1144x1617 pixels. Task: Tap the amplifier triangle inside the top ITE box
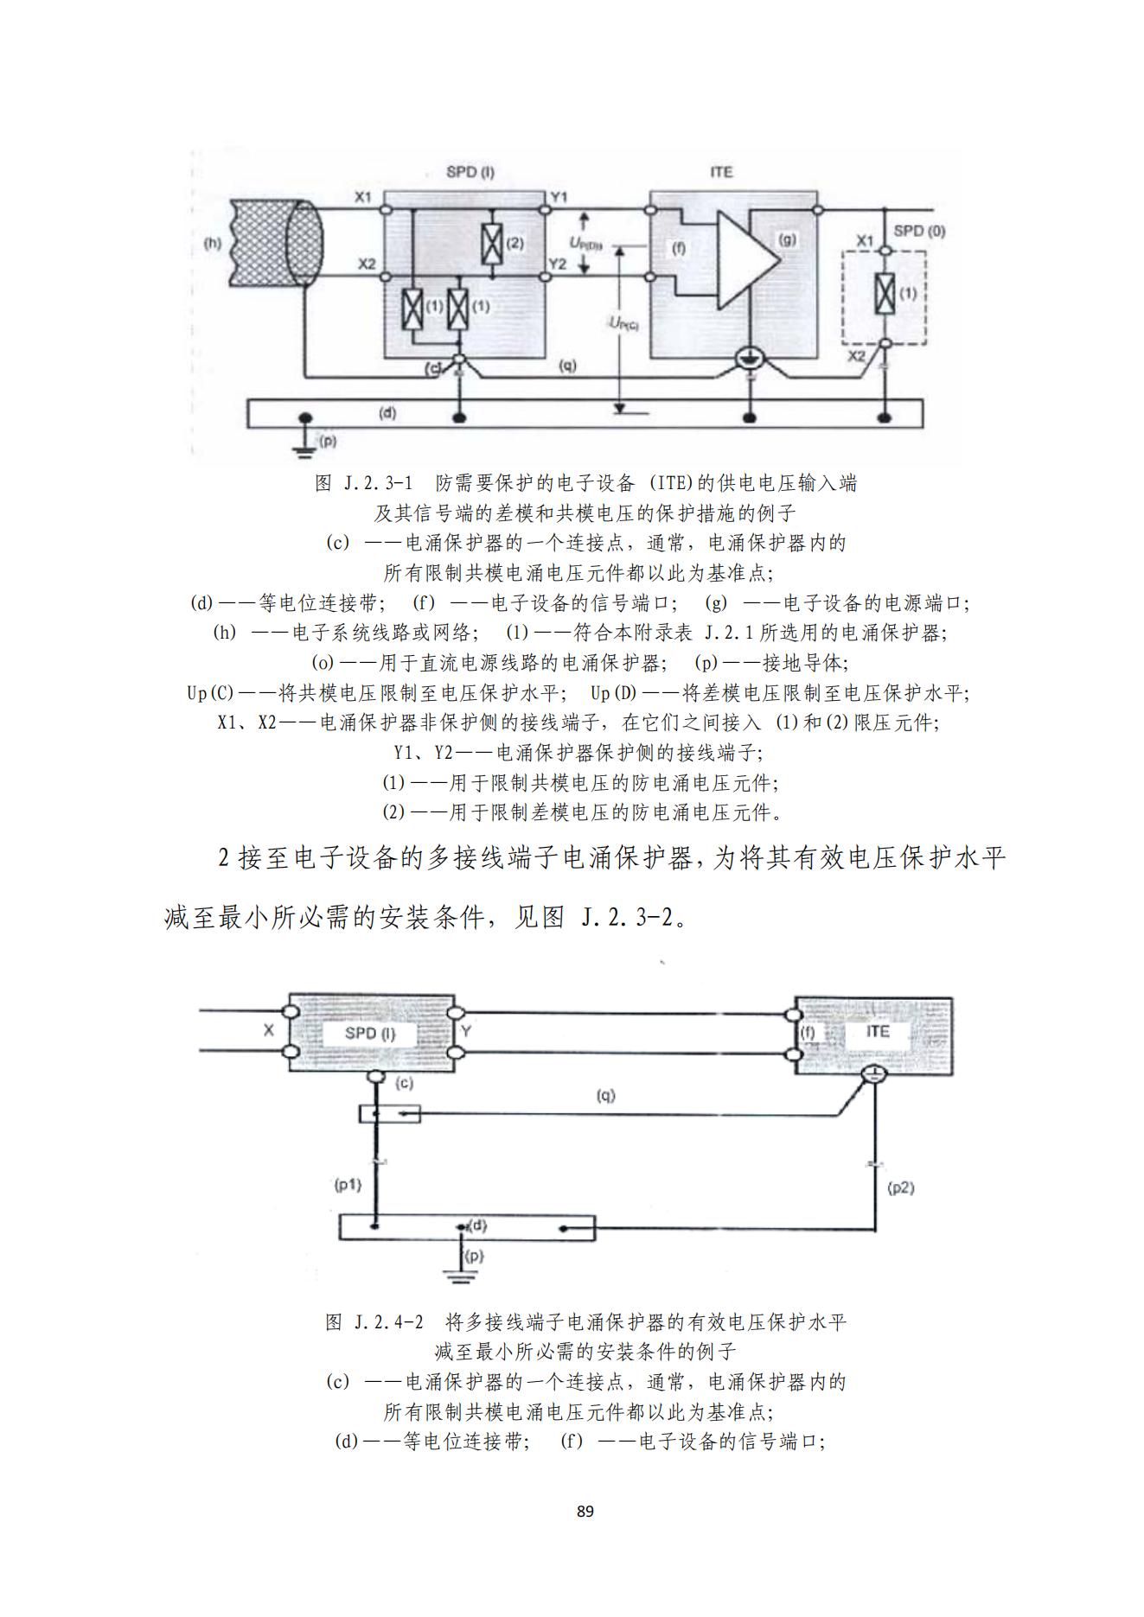pos(744,258)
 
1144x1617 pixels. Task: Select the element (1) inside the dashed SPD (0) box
pos(884,294)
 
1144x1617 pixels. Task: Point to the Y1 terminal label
pos(559,198)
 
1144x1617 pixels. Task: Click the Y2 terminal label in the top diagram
pos(559,264)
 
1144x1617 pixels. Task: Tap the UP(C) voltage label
pos(623,323)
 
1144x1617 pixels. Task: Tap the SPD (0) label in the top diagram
pos(919,231)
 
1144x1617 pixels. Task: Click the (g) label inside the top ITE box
pos(787,239)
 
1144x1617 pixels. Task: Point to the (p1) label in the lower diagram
pos(348,1184)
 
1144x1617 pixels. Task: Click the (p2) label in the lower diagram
pos(901,1187)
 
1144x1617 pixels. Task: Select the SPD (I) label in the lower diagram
pos(369,1033)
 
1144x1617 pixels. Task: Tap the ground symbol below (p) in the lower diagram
pos(457,1275)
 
